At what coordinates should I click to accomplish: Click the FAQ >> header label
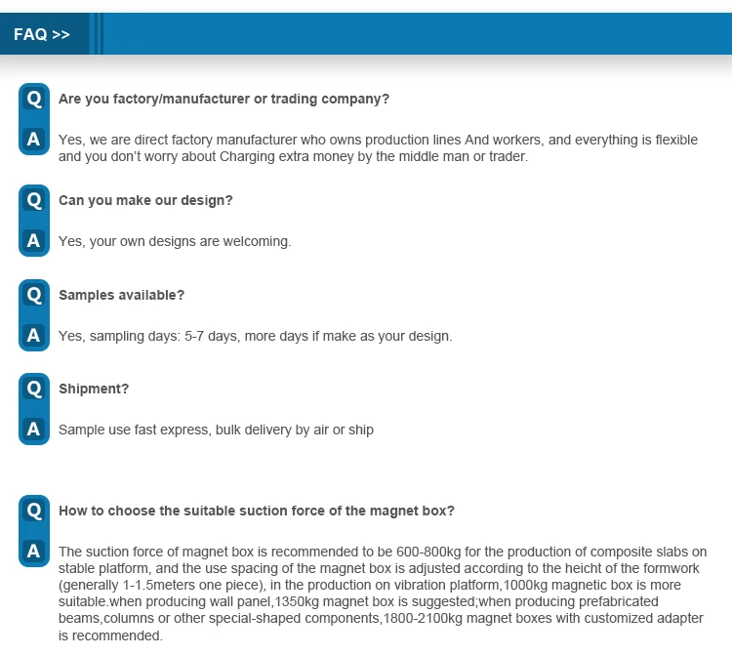click(x=42, y=34)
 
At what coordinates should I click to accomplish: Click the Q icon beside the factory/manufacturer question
click(x=34, y=99)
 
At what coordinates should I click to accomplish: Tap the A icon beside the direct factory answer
click(x=34, y=140)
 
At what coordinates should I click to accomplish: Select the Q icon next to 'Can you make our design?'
click(x=34, y=200)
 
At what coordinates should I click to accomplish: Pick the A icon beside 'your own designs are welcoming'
click(x=34, y=240)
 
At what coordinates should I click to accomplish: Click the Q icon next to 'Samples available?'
click(x=34, y=295)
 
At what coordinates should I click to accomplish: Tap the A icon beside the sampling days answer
click(x=34, y=336)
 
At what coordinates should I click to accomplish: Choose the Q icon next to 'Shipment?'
click(x=34, y=389)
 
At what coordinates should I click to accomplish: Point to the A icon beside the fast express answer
click(x=34, y=430)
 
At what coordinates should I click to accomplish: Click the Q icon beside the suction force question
click(x=34, y=511)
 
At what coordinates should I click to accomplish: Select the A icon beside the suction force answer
click(x=34, y=552)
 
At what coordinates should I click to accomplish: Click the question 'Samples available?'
click(x=121, y=295)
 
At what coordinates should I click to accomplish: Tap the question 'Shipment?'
click(x=94, y=389)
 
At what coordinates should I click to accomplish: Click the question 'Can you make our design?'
click(x=145, y=200)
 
